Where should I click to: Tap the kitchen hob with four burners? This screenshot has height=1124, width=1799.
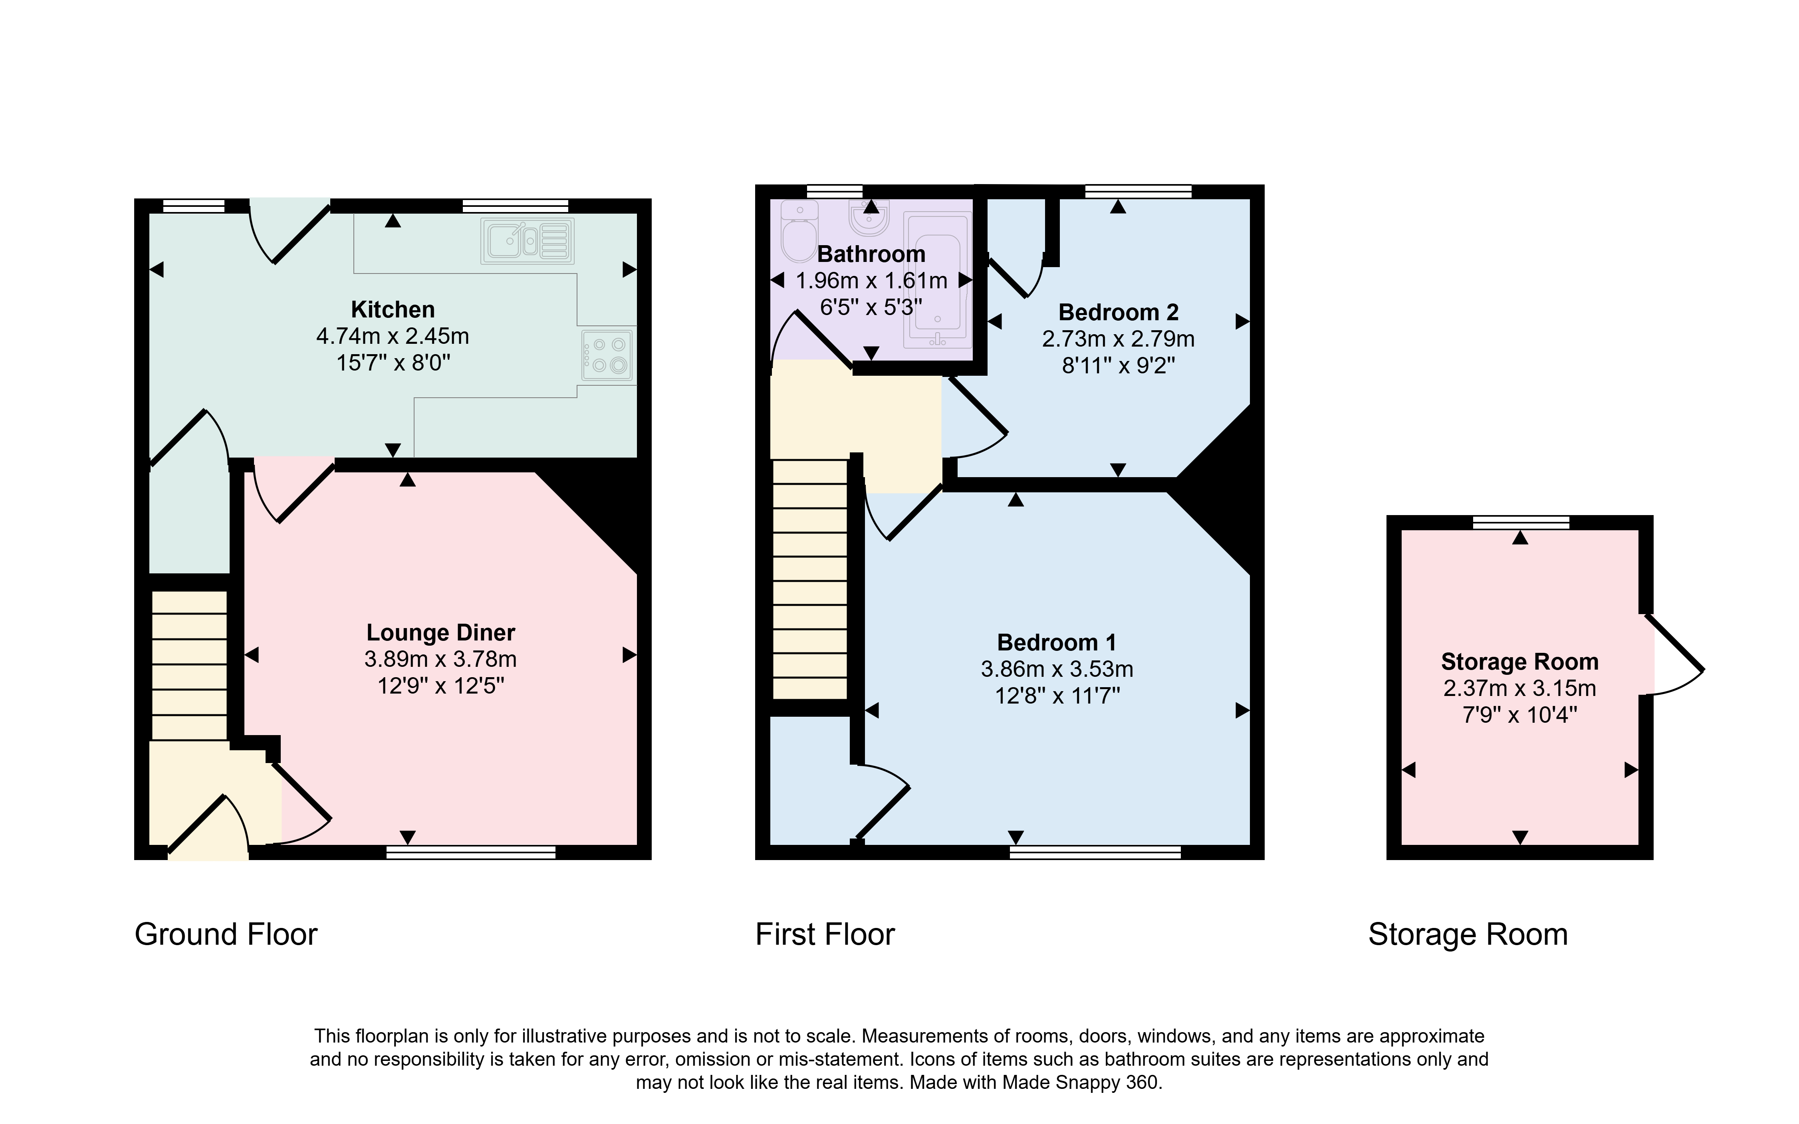[608, 355]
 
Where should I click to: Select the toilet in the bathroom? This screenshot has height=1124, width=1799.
[798, 231]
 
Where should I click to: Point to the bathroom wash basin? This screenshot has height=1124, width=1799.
[868, 217]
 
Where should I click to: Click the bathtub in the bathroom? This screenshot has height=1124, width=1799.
[937, 280]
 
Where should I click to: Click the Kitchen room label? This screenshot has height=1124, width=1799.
[393, 309]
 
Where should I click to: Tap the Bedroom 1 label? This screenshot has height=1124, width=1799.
[1056, 642]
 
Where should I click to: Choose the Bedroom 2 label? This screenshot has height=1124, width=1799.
[1118, 312]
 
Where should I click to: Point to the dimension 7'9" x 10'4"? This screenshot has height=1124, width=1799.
[1519, 715]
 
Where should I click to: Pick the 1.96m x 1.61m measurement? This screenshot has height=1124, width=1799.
[871, 281]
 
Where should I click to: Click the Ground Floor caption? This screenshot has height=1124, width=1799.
[226, 934]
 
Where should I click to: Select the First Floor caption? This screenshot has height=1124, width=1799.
[825, 934]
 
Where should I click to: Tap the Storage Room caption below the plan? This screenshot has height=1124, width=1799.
[1468, 934]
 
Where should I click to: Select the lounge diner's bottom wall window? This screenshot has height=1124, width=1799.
[470, 852]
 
